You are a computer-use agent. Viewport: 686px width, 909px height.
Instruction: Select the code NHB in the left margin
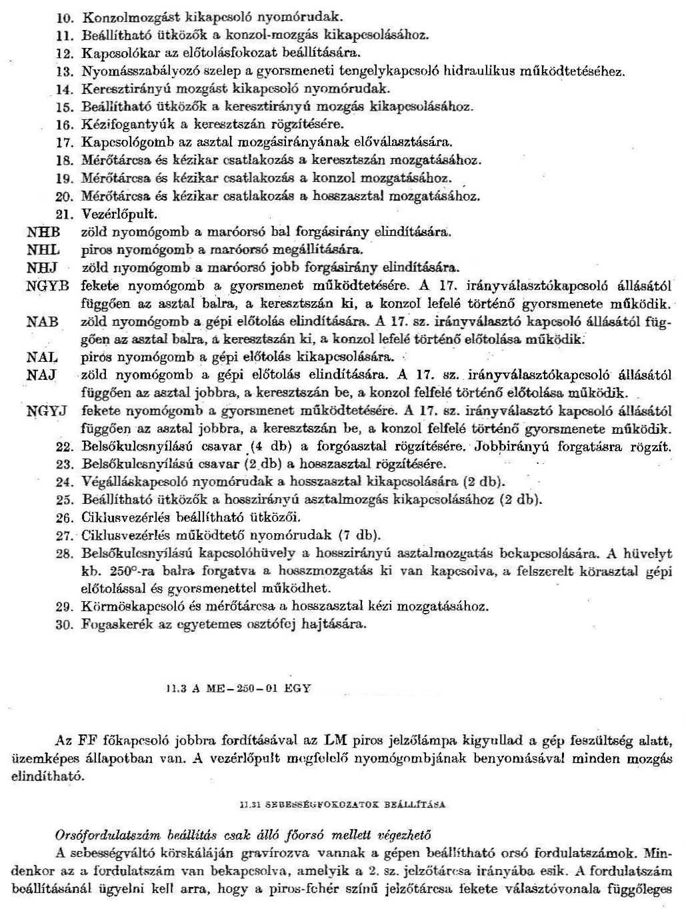(x=43, y=232)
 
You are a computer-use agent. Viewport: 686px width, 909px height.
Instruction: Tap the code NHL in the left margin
(x=43, y=250)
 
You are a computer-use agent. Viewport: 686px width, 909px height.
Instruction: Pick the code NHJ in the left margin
(x=43, y=268)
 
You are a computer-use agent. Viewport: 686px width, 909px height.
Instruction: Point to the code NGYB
(x=48, y=286)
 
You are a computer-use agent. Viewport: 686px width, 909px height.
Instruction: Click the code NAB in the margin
(x=43, y=322)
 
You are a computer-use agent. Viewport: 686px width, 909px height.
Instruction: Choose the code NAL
(x=43, y=358)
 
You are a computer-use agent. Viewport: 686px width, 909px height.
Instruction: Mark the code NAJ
(x=43, y=375)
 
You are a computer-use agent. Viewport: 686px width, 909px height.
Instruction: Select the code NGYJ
(x=47, y=410)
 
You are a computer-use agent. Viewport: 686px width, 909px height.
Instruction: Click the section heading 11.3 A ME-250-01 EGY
(x=238, y=688)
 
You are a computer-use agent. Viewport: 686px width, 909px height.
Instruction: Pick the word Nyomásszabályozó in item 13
(x=131, y=69)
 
